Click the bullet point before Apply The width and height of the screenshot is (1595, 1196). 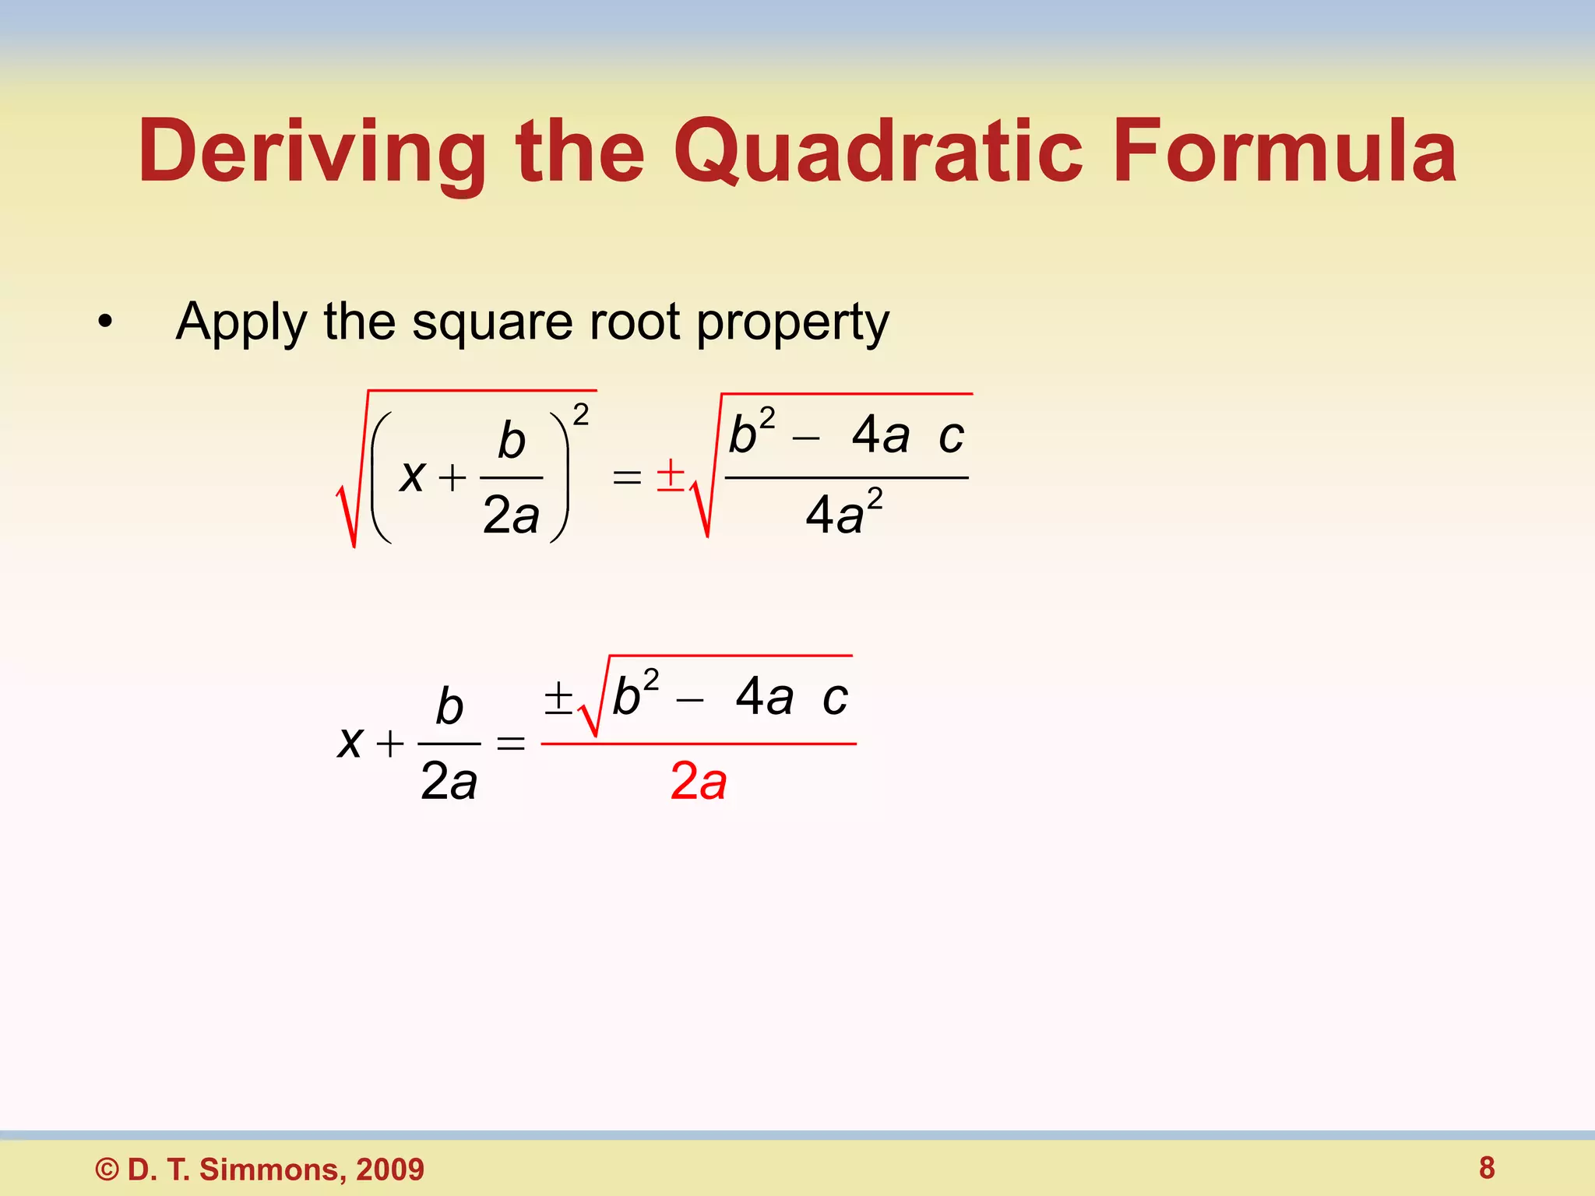(105, 322)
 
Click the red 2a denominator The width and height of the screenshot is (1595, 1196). (699, 781)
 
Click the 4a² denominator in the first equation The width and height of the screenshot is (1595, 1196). (843, 514)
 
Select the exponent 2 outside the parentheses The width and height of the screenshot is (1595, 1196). (581, 415)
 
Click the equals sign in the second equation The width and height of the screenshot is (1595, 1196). (511, 744)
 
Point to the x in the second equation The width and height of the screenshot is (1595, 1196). (350, 742)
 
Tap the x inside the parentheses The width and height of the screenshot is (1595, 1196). (412, 476)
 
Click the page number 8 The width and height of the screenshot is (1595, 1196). (1487, 1168)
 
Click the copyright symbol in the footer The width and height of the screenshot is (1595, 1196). (107, 1170)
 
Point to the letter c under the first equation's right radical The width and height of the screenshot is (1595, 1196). (951, 436)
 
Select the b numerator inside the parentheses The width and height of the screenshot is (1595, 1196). (512, 441)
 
